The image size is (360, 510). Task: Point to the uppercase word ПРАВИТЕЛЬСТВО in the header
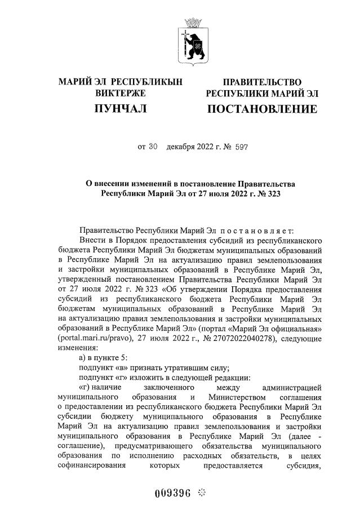coord(262,82)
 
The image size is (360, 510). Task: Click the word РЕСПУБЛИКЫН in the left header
coord(148,82)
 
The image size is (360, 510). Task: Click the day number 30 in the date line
coord(152,148)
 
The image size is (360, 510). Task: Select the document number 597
coord(241,148)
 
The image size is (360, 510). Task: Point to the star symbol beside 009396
coord(202,494)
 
